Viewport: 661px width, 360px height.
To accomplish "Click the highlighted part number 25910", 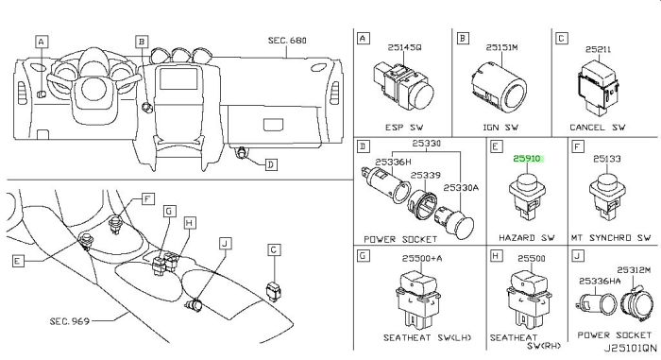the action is click(x=527, y=159).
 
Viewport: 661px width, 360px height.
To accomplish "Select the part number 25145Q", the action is click(x=404, y=47).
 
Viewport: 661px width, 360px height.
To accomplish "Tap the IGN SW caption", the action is click(x=500, y=127).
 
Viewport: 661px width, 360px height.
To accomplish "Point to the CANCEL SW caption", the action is click(x=598, y=127).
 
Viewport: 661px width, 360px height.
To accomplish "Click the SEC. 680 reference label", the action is click(x=287, y=41).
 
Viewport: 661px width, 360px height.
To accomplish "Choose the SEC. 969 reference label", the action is click(x=70, y=321).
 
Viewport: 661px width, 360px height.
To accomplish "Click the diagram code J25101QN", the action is click(x=630, y=348).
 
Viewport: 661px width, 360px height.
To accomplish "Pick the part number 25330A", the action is click(x=461, y=187).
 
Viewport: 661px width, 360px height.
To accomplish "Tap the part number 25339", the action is click(x=425, y=175).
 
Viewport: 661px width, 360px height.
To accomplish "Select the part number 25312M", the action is click(x=634, y=269).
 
